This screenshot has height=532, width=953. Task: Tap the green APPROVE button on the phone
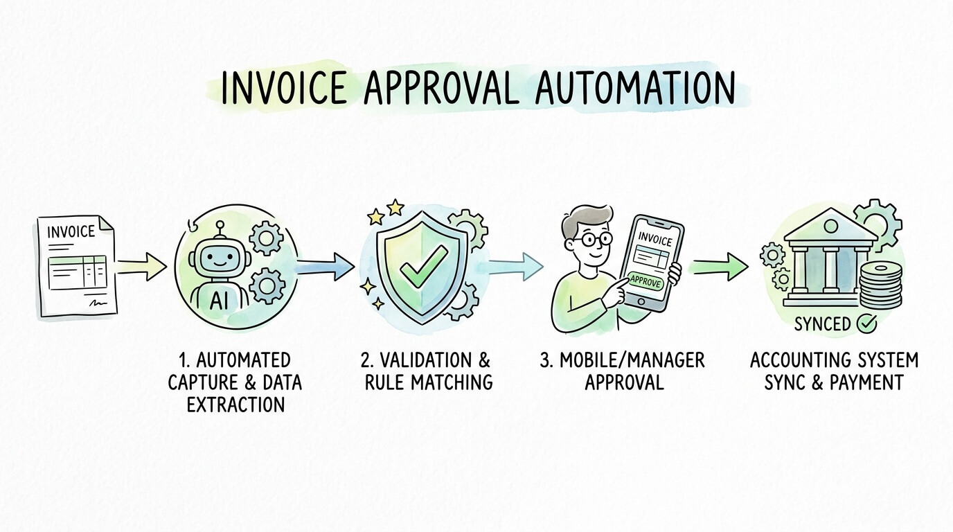pos(645,282)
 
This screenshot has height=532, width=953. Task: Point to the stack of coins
pos(880,284)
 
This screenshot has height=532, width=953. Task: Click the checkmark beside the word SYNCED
pos(867,323)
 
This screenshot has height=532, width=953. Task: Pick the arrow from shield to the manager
pos(516,266)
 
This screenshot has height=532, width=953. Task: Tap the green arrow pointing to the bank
pos(720,265)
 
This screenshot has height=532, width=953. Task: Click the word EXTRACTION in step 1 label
pos(235,404)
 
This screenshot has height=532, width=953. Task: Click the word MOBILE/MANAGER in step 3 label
pos(633,361)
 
